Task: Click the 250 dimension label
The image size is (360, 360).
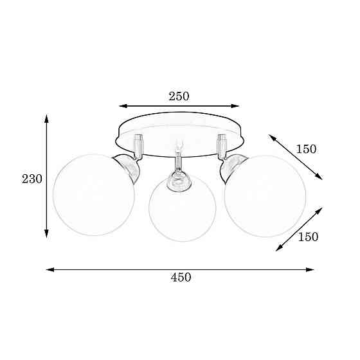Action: pos(179,96)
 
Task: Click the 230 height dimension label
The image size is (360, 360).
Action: pos(32,179)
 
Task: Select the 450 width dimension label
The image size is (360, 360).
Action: pos(181,277)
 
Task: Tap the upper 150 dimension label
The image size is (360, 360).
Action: pos(306,149)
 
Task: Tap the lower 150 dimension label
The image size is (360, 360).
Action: pos(308,237)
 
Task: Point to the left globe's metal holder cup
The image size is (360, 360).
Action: pos(129,166)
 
